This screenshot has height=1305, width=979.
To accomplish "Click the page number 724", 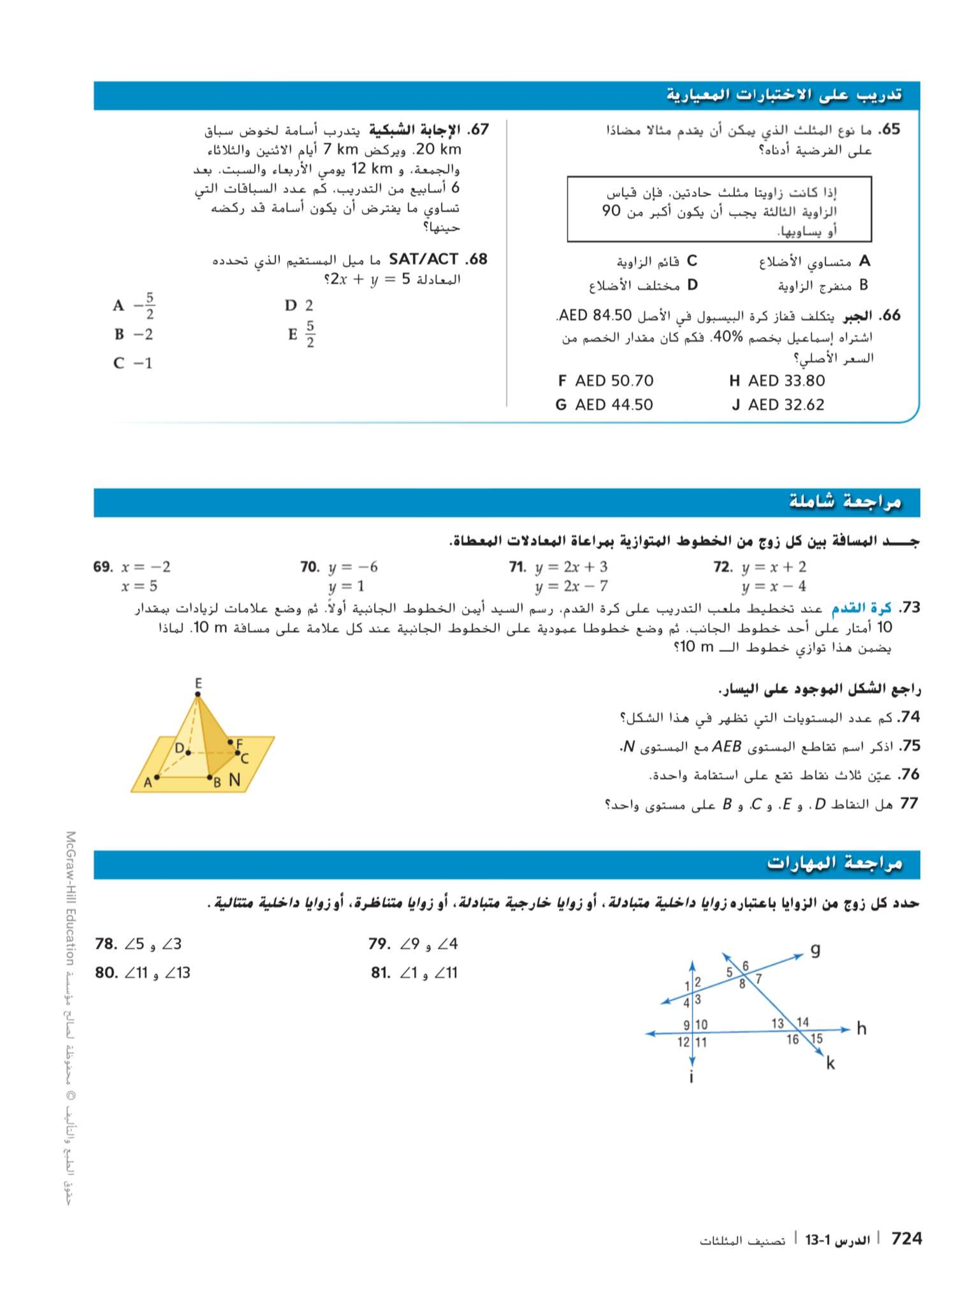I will click(906, 1238).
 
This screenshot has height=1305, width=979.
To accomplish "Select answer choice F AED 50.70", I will click(606, 380).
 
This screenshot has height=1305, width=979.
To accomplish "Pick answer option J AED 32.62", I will click(778, 405).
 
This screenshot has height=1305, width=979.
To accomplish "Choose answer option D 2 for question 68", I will click(299, 306).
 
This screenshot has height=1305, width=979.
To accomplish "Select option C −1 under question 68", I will click(133, 363).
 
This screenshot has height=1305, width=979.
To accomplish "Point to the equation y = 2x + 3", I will click(571, 567).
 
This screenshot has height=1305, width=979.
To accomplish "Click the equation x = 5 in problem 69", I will click(139, 586).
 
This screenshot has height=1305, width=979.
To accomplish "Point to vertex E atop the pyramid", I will click(198, 684).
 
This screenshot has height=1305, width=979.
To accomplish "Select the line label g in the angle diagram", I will click(815, 950).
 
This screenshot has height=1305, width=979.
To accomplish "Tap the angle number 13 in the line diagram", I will click(778, 1022).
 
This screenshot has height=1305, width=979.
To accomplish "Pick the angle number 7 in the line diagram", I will click(758, 979).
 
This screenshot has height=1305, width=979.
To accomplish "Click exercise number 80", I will click(107, 972).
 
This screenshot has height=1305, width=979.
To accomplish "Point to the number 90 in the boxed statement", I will click(611, 211).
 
